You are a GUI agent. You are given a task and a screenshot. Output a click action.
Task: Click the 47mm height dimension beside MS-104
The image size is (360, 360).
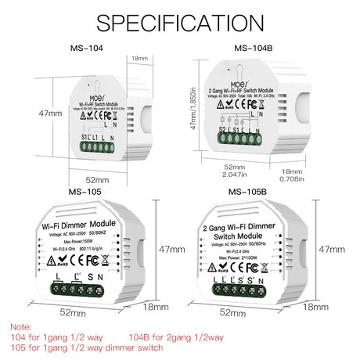pos(49,113)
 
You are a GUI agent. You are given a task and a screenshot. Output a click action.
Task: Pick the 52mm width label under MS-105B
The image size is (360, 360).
pos(233,311)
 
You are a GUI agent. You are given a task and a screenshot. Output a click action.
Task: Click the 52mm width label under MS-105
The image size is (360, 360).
pos(72,311)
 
